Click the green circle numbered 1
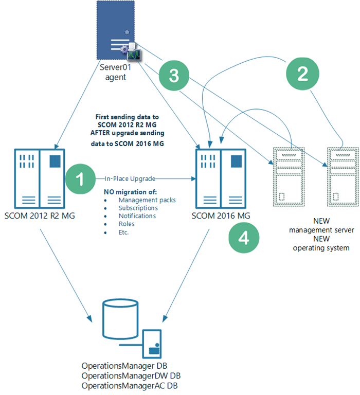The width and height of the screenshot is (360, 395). (x=80, y=179)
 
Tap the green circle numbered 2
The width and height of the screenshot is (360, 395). (x=302, y=74)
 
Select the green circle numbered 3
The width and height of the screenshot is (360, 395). (x=174, y=75)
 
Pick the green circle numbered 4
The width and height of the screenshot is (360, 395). (x=244, y=238)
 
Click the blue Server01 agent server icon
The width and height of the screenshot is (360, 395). (x=116, y=30)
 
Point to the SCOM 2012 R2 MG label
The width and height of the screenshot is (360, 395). (x=40, y=216)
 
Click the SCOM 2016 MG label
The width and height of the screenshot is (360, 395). (x=221, y=216)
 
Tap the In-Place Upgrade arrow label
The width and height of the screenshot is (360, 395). (x=130, y=178)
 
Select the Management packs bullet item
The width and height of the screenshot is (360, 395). (x=147, y=200)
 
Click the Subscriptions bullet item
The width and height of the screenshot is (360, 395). (x=138, y=208)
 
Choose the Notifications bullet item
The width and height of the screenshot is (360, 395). (x=137, y=216)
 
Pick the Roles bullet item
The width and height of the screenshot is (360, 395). (x=127, y=224)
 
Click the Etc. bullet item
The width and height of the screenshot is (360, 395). (x=124, y=232)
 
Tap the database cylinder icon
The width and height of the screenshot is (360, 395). (x=120, y=319)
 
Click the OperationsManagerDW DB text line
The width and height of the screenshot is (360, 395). (x=131, y=376)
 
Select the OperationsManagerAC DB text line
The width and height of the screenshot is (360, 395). (x=130, y=386)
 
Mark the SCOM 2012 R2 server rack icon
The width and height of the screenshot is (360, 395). (x=40, y=179)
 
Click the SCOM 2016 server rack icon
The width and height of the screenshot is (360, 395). (x=221, y=179)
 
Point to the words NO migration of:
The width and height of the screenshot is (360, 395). (x=130, y=192)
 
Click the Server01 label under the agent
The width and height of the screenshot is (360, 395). (x=115, y=67)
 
